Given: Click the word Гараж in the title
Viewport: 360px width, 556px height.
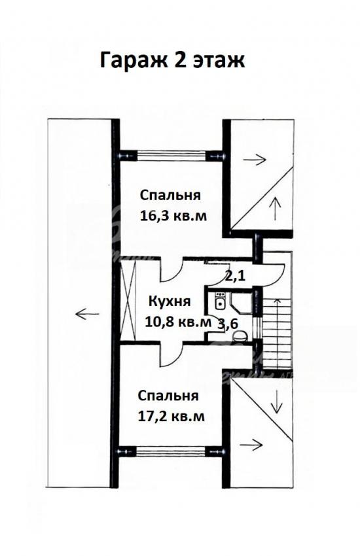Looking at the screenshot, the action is tap(134, 61).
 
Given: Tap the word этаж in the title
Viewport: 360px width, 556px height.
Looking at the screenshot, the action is tap(219, 61).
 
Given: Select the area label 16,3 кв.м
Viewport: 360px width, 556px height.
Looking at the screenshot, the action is tap(173, 216).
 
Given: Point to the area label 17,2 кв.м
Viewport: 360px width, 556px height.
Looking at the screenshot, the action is tap(171, 416).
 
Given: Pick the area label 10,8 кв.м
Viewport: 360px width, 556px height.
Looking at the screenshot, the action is tap(178, 322).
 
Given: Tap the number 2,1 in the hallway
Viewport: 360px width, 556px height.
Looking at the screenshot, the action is tap(235, 276).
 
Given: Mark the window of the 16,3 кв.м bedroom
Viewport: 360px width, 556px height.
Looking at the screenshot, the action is tap(171, 156).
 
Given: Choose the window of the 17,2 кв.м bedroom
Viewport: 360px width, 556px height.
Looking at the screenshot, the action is tap(171, 452).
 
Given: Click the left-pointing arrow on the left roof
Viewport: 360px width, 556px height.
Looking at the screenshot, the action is tap(87, 314).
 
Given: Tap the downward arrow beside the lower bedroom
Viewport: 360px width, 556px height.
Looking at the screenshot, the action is tap(277, 401).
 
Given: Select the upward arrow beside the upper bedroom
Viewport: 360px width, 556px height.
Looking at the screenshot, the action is tap(274, 209).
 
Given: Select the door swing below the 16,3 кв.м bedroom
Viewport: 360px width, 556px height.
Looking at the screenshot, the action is tap(171, 270).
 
